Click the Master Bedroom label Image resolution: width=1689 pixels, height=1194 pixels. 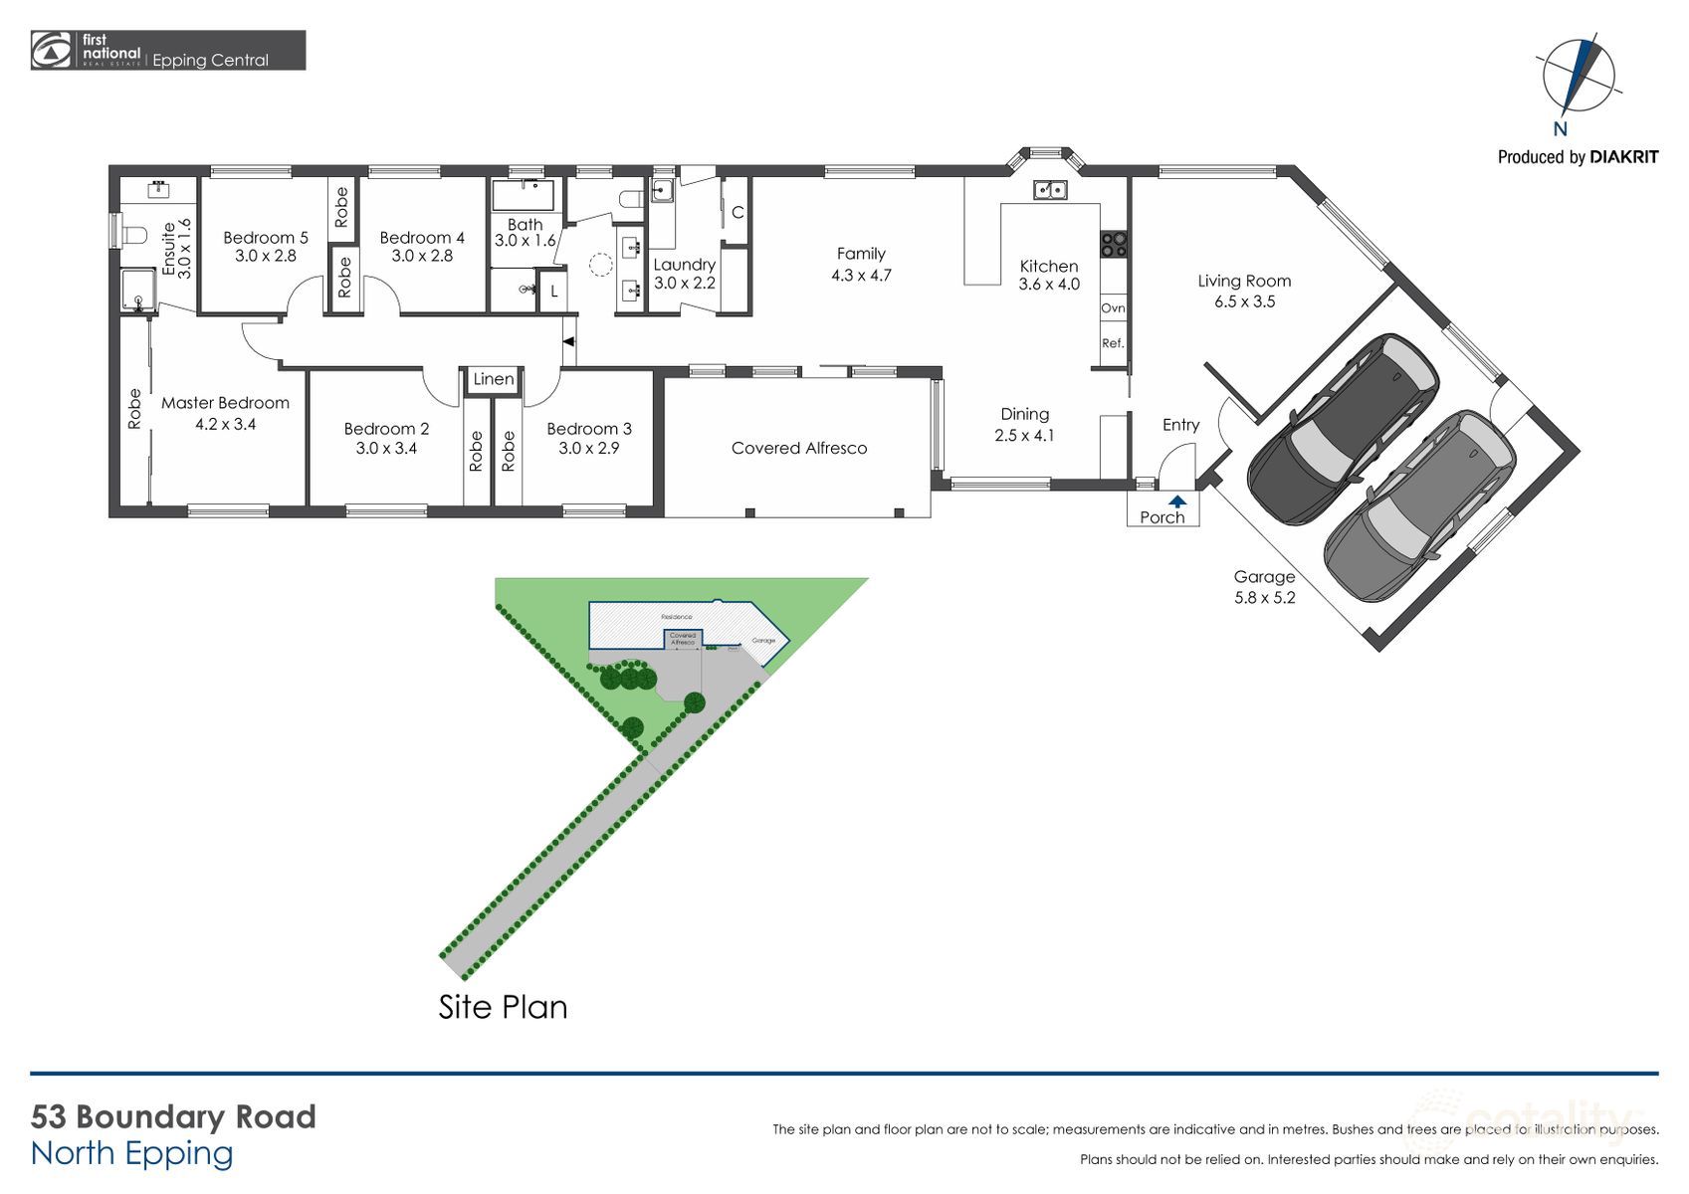tap(225, 403)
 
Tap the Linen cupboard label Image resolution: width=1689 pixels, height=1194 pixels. tap(493, 379)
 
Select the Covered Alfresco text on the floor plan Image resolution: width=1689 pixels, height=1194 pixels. tap(798, 448)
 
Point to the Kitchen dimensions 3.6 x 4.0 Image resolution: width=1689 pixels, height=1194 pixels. tap(1049, 285)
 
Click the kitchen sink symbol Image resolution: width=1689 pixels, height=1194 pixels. tap(1049, 189)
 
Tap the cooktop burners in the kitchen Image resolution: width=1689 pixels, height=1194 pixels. tap(1113, 245)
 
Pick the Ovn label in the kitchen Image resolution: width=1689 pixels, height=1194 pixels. tap(1113, 308)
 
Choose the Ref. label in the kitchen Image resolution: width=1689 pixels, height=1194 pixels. tap(1113, 343)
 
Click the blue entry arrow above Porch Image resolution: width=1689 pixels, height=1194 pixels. tap(1177, 501)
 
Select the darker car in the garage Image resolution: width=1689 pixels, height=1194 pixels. tap(1343, 428)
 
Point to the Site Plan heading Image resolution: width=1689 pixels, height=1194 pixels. tap(503, 1007)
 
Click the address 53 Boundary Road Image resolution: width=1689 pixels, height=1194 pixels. tap(173, 1116)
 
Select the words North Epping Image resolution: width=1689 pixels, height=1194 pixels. tap(131, 1153)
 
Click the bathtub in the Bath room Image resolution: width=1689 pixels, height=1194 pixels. tap(524, 194)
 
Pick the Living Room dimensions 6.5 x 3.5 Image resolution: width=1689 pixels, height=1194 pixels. tap(1244, 301)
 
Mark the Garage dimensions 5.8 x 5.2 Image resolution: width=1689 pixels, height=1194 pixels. tap(1264, 598)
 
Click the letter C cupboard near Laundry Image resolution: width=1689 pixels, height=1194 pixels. tap(738, 212)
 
